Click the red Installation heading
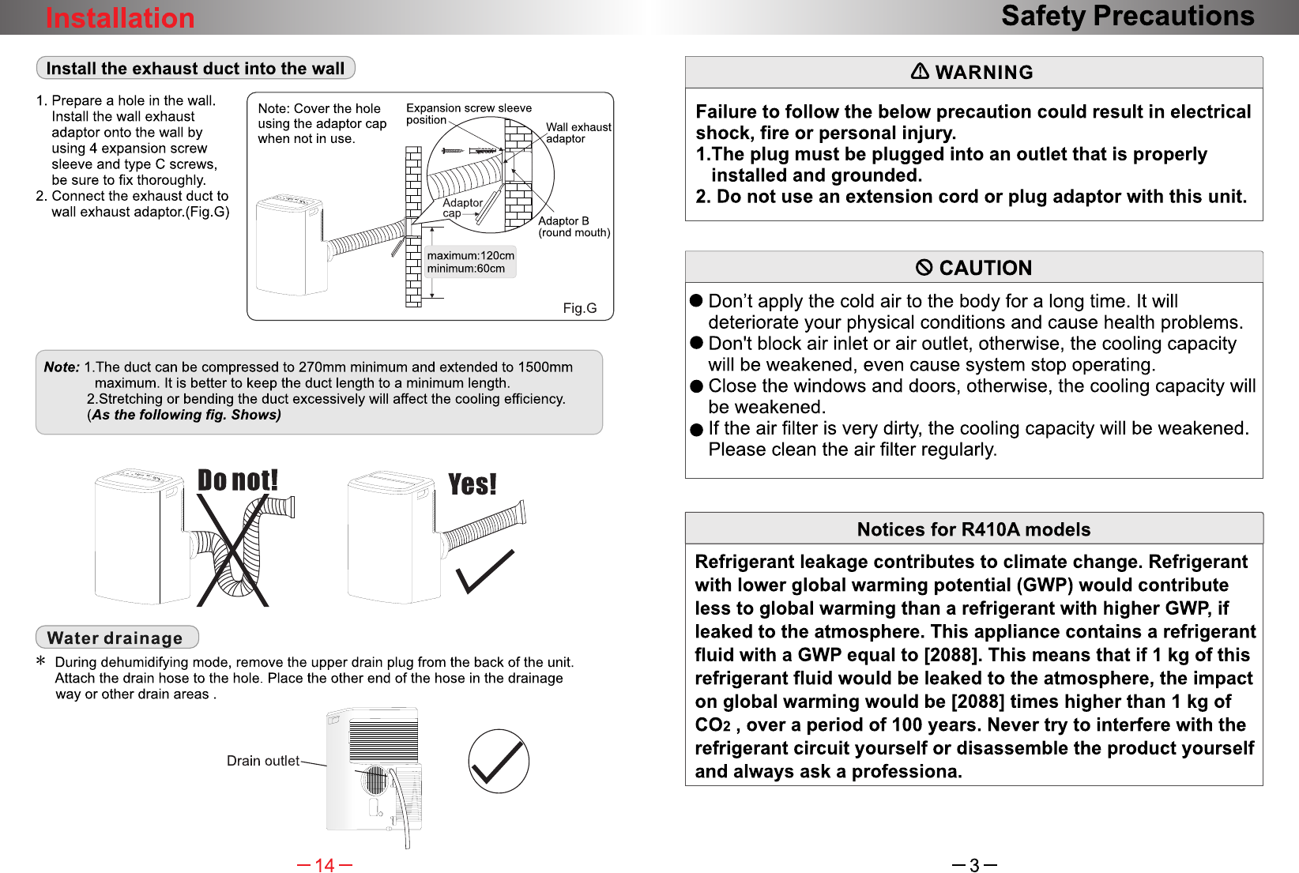tap(120, 17)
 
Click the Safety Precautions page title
tap(1128, 16)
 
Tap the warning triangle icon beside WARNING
tap(920, 71)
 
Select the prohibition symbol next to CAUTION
tap(924, 267)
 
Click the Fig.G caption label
tap(580, 308)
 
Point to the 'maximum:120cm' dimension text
tap(470, 256)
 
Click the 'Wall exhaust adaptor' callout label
tap(578, 133)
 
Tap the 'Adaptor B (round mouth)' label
tap(574, 227)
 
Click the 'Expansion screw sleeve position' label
tap(469, 114)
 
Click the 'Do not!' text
tap(238, 480)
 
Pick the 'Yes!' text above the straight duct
tap(473, 484)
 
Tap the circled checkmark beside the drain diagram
tap(499, 761)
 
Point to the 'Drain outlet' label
tap(262, 761)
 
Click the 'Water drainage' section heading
tap(115, 638)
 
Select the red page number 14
tap(325, 865)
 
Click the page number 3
tap(974, 865)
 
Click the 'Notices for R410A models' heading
tap(973, 529)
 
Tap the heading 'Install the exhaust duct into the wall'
tap(195, 69)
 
